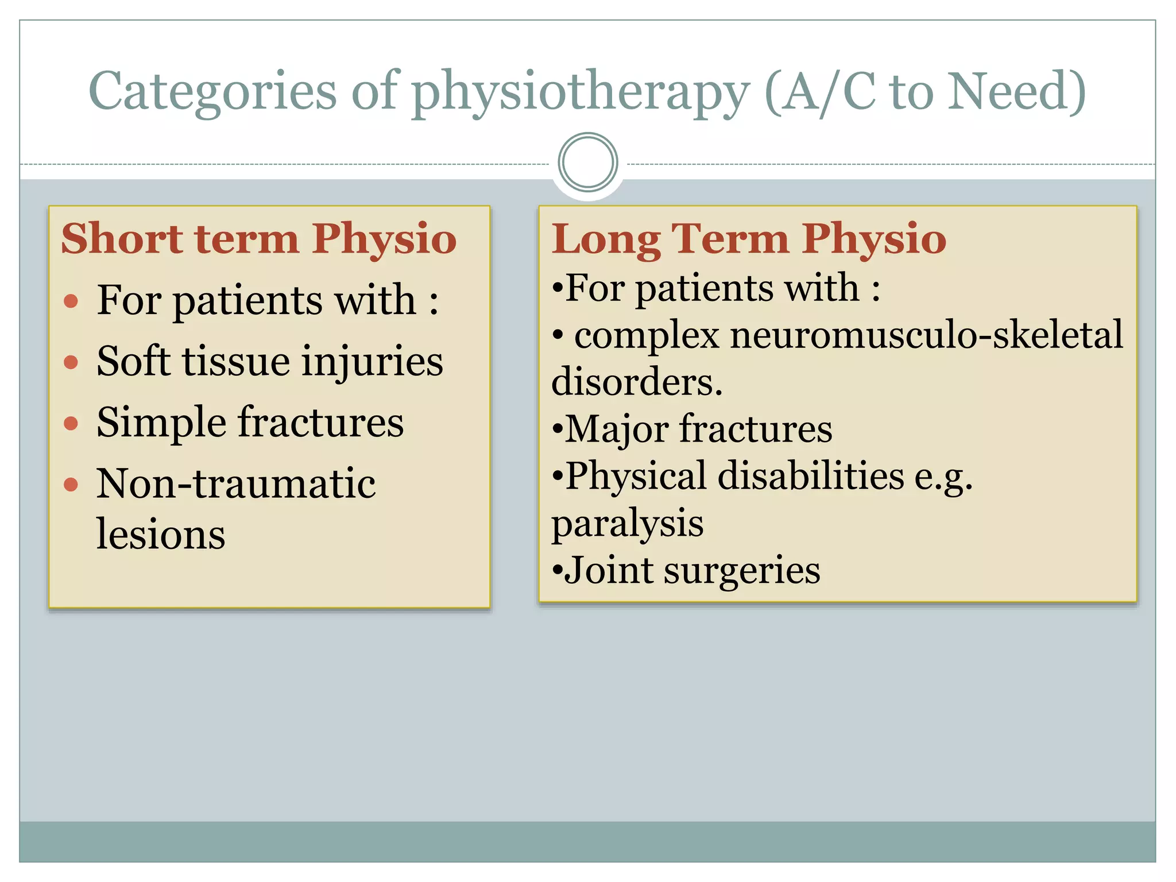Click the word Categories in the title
[x=212, y=92]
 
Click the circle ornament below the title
[x=587, y=162]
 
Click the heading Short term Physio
[x=258, y=238]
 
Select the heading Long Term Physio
[x=748, y=238]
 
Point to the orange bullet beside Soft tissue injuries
[x=71, y=362]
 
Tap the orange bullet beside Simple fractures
[x=71, y=423]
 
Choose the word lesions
[x=161, y=534]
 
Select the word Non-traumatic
[x=235, y=483]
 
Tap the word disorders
[x=636, y=382]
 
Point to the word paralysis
[x=627, y=524]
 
